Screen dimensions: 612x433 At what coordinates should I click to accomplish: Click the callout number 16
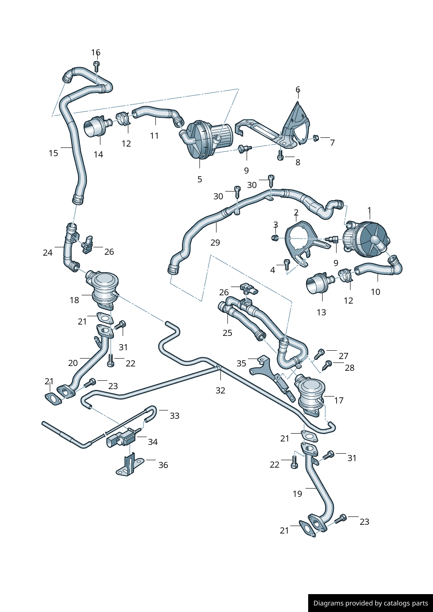click(x=96, y=53)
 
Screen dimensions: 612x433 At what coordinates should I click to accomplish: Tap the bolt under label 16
click(x=96, y=66)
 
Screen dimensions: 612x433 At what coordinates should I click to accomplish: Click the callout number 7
click(x=332, y=143)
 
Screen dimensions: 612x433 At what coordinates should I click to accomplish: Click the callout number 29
click(x=215, y=243)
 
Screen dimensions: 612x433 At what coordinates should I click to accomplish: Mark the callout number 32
click(x=220, y=390)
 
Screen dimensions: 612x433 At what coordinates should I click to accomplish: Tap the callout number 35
click(x=241, y=363)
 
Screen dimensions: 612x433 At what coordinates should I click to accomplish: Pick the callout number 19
click(x=297, y=494)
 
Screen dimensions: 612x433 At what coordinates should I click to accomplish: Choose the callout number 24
click(x=48, y=253)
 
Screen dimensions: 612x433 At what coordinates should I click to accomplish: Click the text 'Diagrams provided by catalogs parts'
click(x=371, y=603)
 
